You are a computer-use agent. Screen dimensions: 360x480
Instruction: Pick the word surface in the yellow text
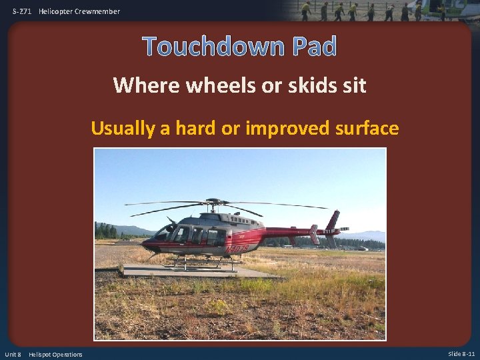(x=367, y=128)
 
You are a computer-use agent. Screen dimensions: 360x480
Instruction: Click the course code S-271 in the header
(x=22, y=11)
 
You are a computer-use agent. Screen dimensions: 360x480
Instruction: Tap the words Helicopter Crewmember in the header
(x=80, y=11)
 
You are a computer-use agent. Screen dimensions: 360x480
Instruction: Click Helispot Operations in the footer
(x=56, y=354)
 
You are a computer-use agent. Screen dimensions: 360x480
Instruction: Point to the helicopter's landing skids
(x=200, y=265)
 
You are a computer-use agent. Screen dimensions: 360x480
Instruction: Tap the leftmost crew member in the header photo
(x=305, y=11)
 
